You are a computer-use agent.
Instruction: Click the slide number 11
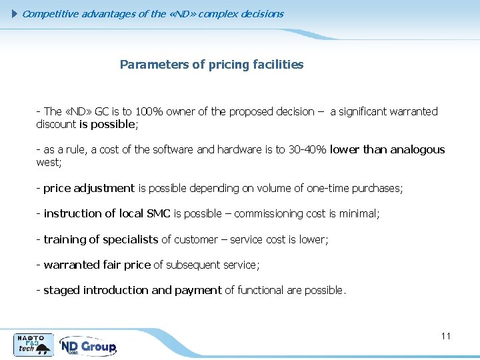click(x=446, y=336)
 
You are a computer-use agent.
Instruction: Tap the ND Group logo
click(x=88, y=346)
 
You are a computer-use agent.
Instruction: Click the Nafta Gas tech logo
click(x=33, y=344)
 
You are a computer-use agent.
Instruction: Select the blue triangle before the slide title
click(x=17, y=13)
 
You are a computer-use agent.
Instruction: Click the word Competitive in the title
click(x=51, y=13)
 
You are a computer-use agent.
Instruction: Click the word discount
click(x=56, y=125)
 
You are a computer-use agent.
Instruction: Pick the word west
click(x=48, y=163)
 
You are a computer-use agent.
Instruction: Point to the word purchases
click(x=378, y=189)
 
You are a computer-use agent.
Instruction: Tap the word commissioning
click(x=267, y=214)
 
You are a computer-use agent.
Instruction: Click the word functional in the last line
click(x=261, y=291)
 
